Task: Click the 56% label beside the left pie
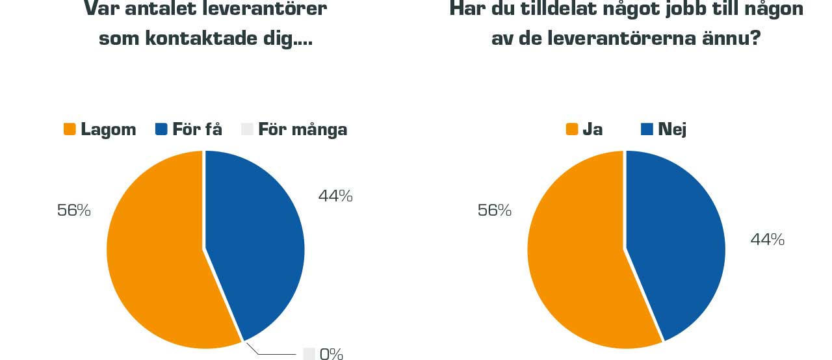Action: (x=74, y=211)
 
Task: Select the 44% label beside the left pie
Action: (x=335, y=196)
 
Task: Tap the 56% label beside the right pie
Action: (x=495, y=211)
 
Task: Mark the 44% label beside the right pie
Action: (x=768, y=240)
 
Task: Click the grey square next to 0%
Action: (x=309, y=354)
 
